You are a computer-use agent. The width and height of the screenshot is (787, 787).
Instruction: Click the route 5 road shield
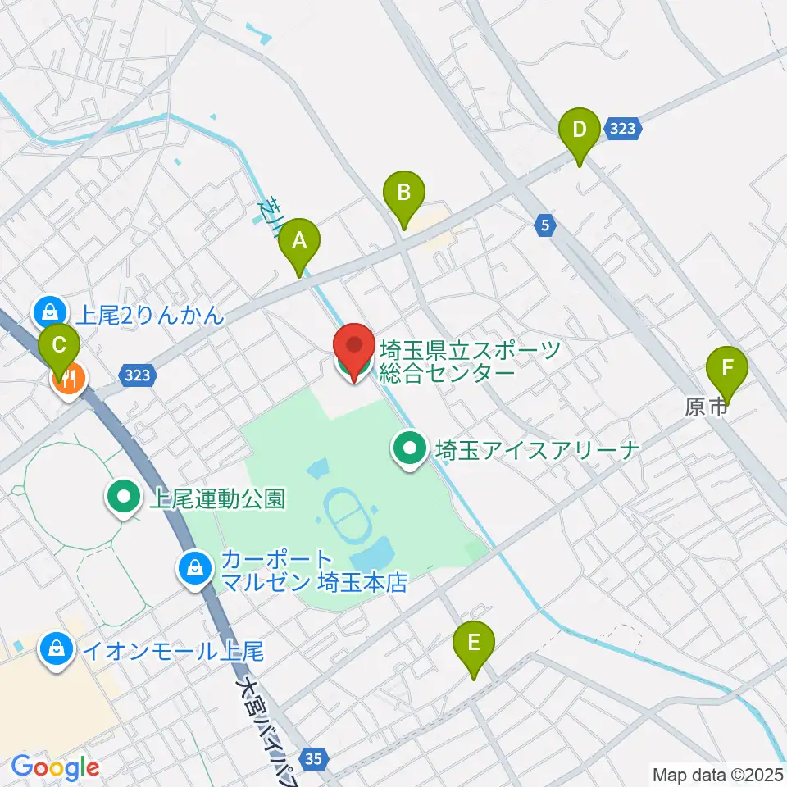544,227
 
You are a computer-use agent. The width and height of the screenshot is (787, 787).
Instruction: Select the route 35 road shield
312,758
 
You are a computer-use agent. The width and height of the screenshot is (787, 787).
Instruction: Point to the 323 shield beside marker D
624,129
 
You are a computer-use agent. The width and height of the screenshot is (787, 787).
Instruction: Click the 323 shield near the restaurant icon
139,375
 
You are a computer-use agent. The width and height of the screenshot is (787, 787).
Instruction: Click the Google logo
55,768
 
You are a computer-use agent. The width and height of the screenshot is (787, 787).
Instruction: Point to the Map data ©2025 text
718,774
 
